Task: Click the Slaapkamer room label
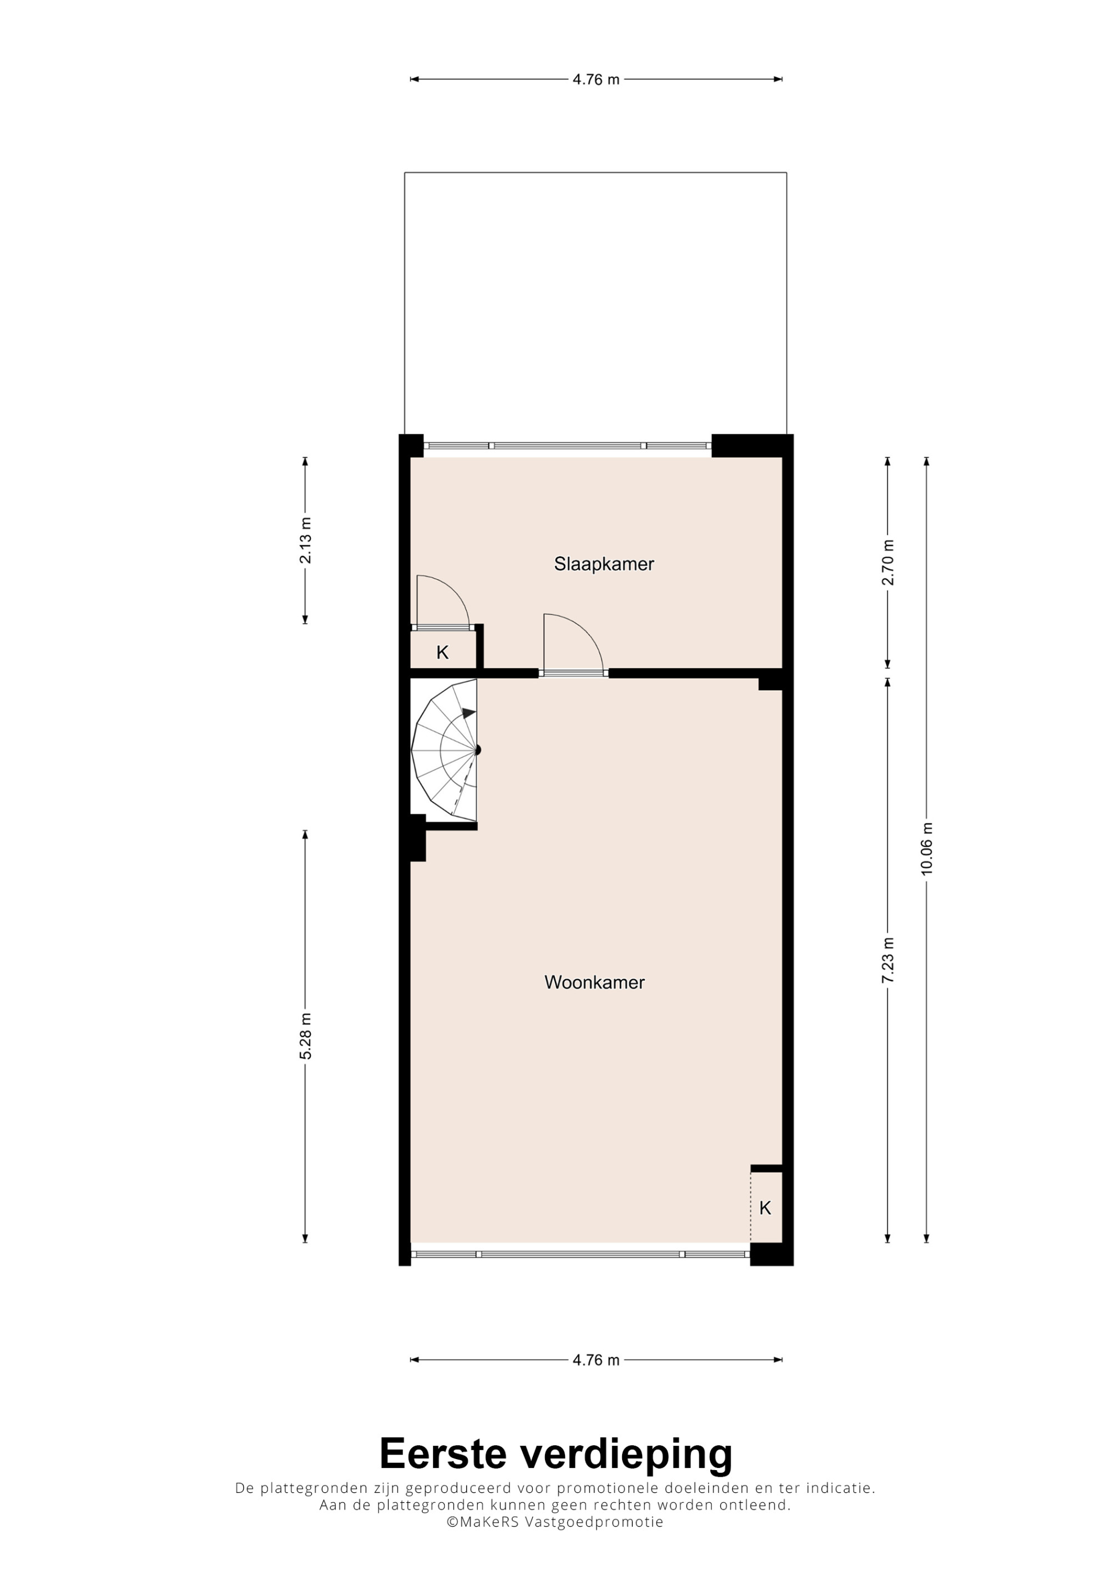[x=604, y=564]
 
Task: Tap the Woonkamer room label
[x=594, y=982]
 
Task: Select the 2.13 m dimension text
[x=305, y=540]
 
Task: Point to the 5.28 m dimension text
[x=305, y=1036]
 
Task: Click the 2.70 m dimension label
[x=888, y=563]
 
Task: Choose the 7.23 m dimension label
[x=888, y=960]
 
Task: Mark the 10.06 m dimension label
[x=927, y=849]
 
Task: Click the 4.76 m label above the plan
[x=596, y=79]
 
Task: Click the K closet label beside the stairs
[x=442, y=652]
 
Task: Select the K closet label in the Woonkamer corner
[x=765, y=1208]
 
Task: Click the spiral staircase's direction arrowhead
[x=468, y=713]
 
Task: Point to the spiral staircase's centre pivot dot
[x=477, y=750]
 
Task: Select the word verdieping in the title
[x=627, y=1458]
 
